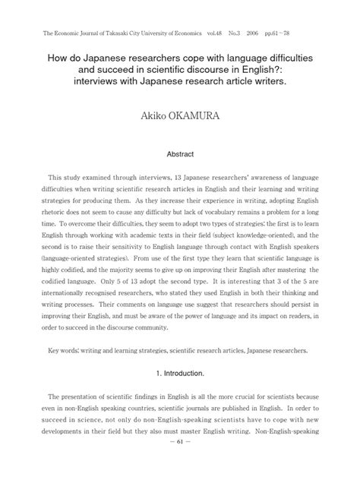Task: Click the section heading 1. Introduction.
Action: pyautogui.click(x=180, y=374)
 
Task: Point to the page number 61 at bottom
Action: pyautogui.click(x=180, y=463)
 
